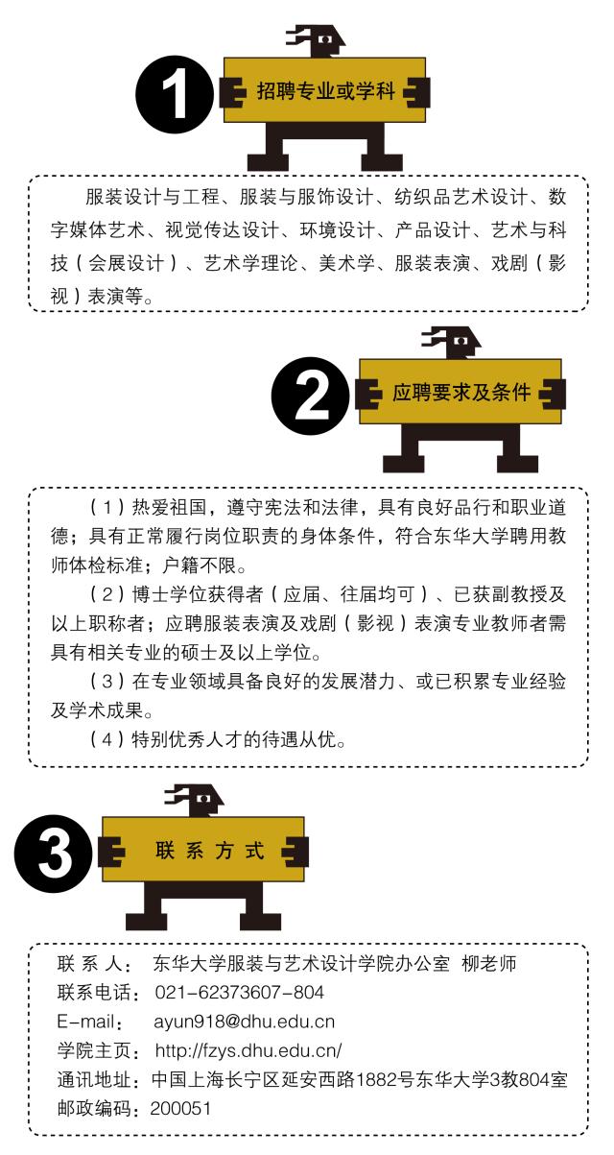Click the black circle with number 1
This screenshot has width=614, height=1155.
coord(175,94)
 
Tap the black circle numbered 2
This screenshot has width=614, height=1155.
coord(310,396)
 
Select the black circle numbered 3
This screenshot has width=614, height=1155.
coord(53,854)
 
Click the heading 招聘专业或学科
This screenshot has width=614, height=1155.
coord(325,91)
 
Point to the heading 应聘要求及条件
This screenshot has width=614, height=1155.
coord(461,393)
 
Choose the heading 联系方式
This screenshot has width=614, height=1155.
coord(210,851)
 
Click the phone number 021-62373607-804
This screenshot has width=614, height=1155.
coord(240,992)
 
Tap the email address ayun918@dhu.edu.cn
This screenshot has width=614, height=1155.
coord(244,1022)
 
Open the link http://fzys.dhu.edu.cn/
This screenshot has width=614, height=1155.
coord(248,1050)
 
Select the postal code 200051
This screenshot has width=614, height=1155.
coord(180,1108)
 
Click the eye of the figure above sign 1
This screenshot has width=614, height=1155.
coord(325,39)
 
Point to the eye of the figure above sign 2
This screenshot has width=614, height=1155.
coord(460,341)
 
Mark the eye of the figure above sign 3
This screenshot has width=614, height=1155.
coord(203,799)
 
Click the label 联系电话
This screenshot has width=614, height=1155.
coord(94,992)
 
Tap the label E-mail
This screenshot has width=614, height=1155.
coord(85,1022)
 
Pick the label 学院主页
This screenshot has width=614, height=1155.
coord(94,1050)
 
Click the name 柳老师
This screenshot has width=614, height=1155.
coord(489,963)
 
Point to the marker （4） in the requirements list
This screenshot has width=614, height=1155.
coord(107,739)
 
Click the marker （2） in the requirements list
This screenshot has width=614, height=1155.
coord(107,594)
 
